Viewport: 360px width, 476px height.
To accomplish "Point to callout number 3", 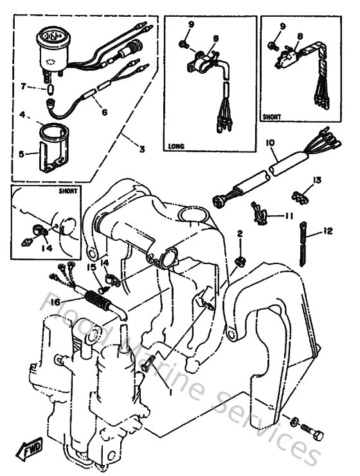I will pos(142,149).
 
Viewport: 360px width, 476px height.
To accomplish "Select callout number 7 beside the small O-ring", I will pos(23,85).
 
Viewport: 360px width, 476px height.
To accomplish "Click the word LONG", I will pos(176,146).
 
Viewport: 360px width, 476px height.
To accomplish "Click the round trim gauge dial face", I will pos(52,36).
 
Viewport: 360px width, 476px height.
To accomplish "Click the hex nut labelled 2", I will pos(240,261).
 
